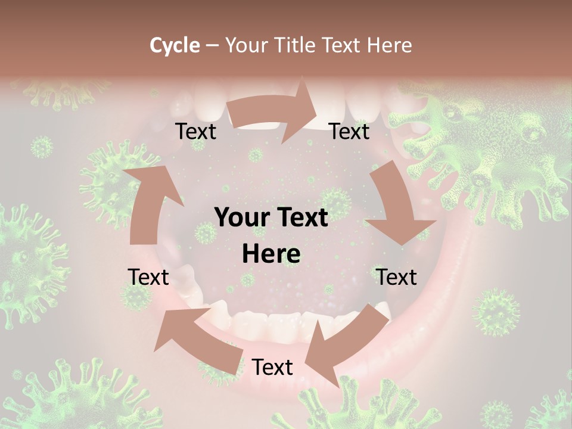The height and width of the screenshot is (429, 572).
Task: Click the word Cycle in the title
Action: tap(175, 45)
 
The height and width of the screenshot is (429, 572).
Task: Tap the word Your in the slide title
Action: tap(246, 45)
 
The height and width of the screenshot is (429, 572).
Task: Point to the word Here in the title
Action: tap(390, 45)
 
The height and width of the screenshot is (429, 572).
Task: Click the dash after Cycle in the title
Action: tap(212, 46)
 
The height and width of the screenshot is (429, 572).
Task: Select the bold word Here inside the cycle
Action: tap(271, 254)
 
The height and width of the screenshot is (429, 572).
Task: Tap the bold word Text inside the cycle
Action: tap(301, 218)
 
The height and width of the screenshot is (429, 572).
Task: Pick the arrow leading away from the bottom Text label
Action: tap(197, 340)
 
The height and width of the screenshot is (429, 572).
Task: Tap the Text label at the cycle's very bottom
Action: tap(272, 368)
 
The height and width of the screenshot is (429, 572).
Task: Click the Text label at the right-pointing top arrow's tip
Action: tap(349, 131)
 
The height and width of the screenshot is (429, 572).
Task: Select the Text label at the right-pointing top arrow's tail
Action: tap(196, 132)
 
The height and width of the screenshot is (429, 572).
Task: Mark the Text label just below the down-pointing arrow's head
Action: tap(396, 277)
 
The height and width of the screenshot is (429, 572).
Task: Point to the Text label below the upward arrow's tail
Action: tap(148, 277)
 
